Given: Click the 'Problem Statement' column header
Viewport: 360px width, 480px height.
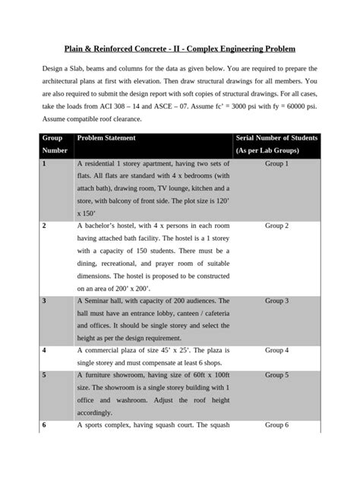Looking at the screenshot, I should pos(106,137).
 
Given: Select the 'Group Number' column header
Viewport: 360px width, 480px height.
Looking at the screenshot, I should pos(52,144).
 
